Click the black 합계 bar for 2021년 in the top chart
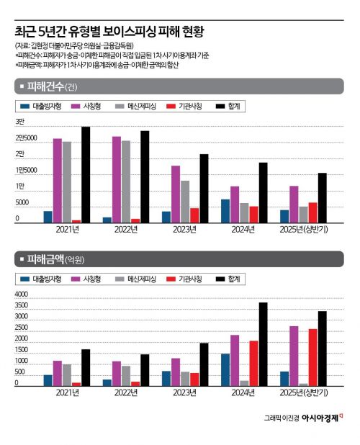[x=86, y=175]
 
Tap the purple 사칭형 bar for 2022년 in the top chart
[x=116, y=179]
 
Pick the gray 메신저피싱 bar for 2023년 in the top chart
[x=184, y=202]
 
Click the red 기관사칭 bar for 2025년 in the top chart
[x=312, y=212]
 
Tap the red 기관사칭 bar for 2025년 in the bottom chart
[x=312, y=357]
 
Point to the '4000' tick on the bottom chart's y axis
[x=22, y=294]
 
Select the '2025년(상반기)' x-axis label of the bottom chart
[x=303, y=392]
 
